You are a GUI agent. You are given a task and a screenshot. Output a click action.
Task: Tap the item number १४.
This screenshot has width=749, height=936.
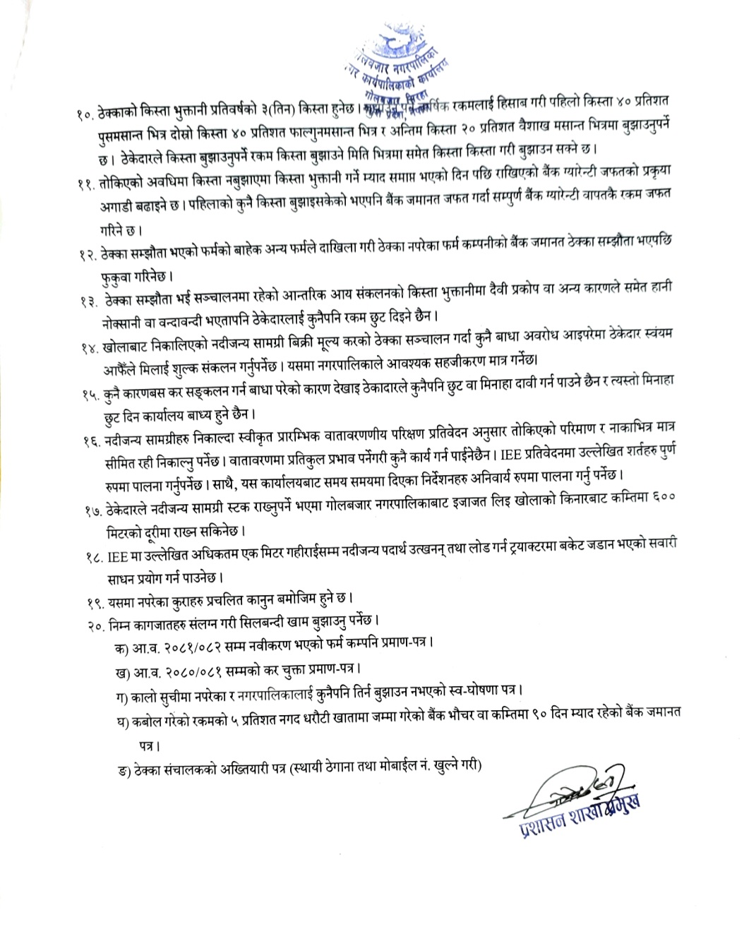[90, 348]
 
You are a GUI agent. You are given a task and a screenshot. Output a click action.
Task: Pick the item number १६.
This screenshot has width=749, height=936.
[90, 443]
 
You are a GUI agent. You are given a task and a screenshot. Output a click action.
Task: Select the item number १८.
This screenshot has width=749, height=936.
[91, 558]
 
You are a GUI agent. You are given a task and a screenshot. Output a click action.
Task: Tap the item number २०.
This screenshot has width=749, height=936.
[92, 624]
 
